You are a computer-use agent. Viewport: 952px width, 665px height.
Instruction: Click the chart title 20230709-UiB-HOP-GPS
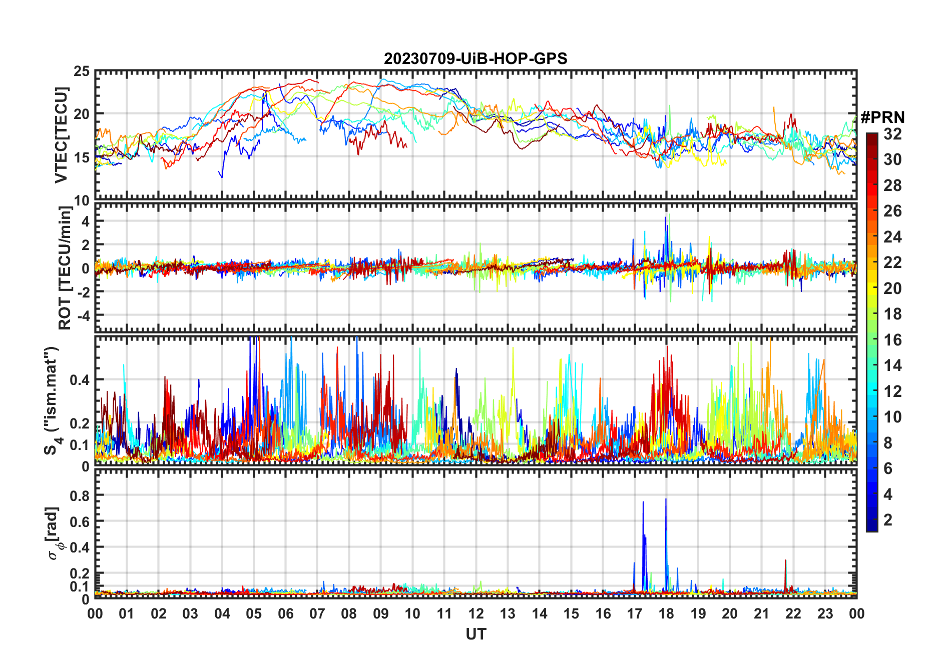[x=475, y=58]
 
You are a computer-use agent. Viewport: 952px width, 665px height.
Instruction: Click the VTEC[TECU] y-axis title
[x=61, y=135]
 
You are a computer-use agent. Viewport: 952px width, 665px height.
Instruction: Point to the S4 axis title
[x=52, y=400]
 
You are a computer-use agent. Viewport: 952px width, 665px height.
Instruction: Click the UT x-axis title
[x=475, y=634]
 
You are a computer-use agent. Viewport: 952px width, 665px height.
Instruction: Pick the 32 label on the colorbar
[x=892, y=134]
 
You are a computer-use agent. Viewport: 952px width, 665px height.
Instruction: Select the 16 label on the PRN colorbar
[x=892, y=340]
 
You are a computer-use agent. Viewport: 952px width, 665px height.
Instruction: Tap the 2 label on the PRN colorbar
[x=888, y=520]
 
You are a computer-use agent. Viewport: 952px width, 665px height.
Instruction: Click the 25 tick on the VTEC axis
[x=82, y=71]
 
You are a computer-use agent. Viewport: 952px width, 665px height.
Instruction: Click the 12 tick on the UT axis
[x=476, y=613]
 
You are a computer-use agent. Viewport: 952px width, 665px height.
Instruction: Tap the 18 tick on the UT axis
[x=666, y=613]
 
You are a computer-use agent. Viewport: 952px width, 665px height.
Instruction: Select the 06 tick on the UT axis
[x=286, y=613]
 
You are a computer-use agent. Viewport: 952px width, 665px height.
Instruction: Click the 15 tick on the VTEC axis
[x=82, y=157]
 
